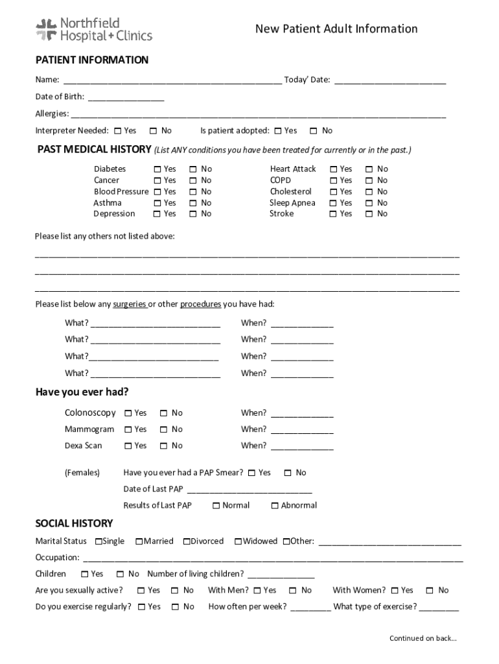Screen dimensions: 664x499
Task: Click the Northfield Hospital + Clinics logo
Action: pos(93,29)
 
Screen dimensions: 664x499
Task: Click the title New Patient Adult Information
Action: pos(336,29)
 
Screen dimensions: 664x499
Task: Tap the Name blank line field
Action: pos(172,80)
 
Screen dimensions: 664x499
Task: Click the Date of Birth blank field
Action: pos(126,97)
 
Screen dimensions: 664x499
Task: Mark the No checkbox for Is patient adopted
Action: pos(314,131)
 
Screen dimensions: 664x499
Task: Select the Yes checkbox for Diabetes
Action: pos(157,169)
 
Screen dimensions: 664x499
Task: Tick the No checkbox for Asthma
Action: pos(193,203)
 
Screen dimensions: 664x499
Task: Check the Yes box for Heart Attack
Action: pos(334,169)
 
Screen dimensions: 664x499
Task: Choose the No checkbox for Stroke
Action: pos(369,214)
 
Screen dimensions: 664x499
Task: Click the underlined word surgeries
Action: pos(129,304)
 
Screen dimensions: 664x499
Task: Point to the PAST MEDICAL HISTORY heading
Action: pos(94,150)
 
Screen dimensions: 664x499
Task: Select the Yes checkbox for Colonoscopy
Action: pos(128,413)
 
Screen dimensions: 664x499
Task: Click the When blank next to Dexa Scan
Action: pos(302,446)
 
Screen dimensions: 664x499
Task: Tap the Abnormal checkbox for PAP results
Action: pos(275,506)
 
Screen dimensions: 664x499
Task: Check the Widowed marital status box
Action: pos(238,541)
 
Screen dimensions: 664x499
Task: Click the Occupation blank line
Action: pos(272,558)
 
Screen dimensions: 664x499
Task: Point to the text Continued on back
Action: pos(423,638)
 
